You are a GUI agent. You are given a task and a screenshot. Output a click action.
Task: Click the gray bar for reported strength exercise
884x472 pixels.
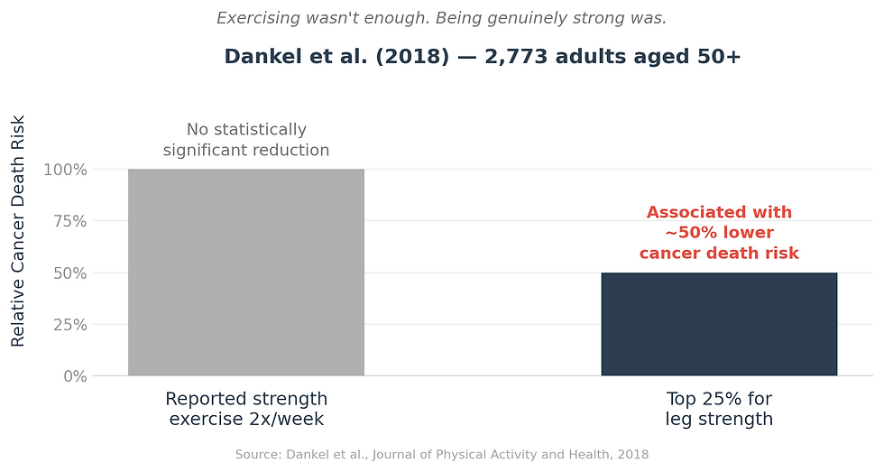245,272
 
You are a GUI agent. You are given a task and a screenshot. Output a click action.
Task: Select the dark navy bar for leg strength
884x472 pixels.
719,324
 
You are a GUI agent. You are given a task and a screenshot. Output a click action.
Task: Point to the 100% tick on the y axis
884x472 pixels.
65,170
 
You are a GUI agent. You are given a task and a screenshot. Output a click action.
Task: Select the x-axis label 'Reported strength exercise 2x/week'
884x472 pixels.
246,409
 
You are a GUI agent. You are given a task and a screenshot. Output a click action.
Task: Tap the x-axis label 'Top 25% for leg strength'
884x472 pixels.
719,409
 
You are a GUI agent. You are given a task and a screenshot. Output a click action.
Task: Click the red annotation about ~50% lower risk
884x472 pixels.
719,233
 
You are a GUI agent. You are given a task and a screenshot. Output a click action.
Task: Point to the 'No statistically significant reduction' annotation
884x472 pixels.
246,140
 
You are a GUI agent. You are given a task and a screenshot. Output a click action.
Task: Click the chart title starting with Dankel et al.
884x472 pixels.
483,56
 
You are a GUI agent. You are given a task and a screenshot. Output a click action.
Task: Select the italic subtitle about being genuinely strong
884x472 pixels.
442,18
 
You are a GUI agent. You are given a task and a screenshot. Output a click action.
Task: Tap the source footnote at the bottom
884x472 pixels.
442,455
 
